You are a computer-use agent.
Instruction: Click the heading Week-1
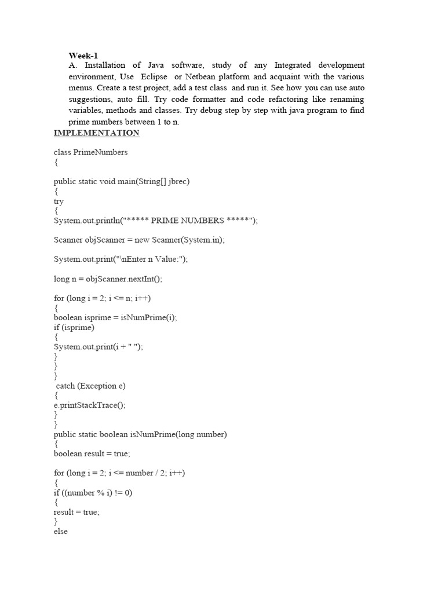83,56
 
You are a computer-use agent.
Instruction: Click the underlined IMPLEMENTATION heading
97,133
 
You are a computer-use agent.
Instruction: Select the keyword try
59,202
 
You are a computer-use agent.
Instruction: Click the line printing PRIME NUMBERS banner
156,221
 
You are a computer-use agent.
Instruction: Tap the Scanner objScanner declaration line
139,240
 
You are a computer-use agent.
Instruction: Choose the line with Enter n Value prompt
121,259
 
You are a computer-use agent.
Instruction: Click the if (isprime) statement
74,328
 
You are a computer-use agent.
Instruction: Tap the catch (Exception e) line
91,386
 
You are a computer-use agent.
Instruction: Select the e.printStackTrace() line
90,405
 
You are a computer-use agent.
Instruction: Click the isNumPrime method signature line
140,435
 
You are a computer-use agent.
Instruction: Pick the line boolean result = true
92,454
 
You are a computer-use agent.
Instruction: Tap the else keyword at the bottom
61,532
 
